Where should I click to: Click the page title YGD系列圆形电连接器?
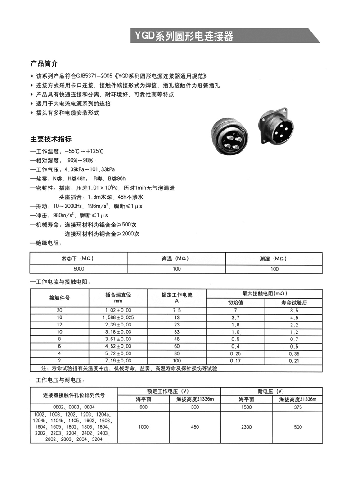pos(182,36)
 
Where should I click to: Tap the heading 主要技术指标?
pos(51,139)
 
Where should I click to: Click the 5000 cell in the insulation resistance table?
pos(79,268)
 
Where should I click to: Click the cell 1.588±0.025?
pos(118,318)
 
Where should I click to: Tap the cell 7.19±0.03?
pos(118,361)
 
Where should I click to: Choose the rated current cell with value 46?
pos(176,340)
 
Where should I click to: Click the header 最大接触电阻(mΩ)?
pos(264,293)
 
